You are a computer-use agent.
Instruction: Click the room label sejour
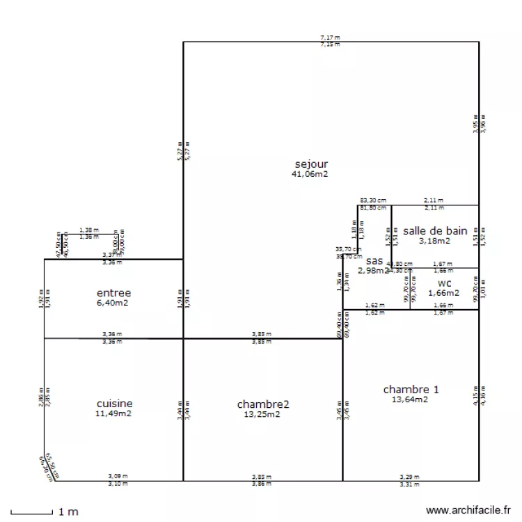pyautogui.click(x=310, y=164)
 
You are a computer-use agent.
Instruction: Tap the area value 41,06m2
pyautogui.click(x=310, y=174)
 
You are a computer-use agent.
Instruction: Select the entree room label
pyautogui.click(x=113, y=293)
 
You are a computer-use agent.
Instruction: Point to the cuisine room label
pyautogui.click(x=114, y=404)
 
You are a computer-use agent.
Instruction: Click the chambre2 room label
pyautogui.click(x=262, y=404)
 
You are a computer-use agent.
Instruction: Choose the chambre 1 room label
pyautogui.click(x=411, y=389)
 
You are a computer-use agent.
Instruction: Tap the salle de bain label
pyautogui.click(x=434, y=230)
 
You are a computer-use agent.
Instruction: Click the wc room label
pyautogui.click(x=444, y=283)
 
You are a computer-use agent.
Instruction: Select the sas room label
pyautogui.click(x=374, y=260)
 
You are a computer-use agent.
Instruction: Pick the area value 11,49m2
pyautogui.click(x=114, y=413)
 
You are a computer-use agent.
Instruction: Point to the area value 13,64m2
pyautogui.click(x=410, y=400)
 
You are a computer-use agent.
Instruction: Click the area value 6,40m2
pyautogui.click(x=113, y=303)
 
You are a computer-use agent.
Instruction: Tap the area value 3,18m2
pyautogui.click(x=434, y=241)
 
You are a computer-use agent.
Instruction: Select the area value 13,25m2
pyautogui.click(x=262, y=414)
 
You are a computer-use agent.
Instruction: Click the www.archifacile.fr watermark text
pyautogui.click(x=468, y=510)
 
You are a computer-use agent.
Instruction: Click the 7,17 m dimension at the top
pyautogui.click(x=330, y=37)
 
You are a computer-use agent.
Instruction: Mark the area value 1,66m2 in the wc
pyautogui.click(x=443, y=293)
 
